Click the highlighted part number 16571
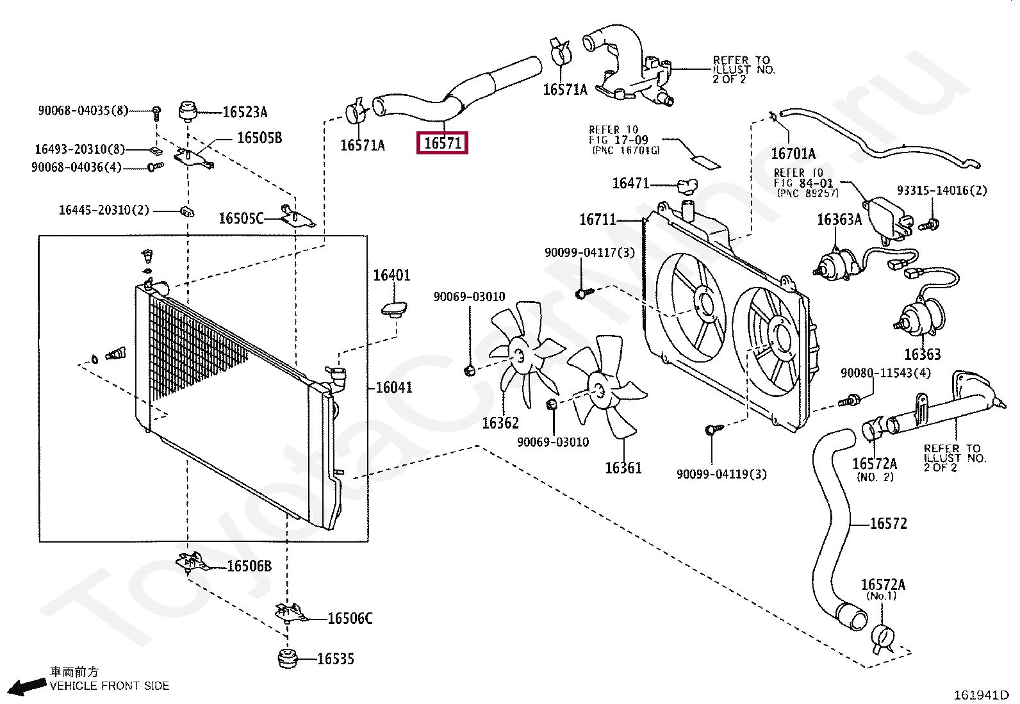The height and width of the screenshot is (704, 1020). (x=442, y=143)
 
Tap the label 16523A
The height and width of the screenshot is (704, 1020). (x=245, y=111)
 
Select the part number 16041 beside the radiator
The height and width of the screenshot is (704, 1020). (x=394, y=388)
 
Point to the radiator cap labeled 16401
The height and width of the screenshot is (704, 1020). (x=394, y=309)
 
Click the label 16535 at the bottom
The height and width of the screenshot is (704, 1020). (x=336, y=659)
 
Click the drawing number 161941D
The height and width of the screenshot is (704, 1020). (x=982, y=695)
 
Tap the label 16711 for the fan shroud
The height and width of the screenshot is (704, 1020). (x=597, y=220)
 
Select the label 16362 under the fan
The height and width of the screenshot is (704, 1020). (x=500, y=423)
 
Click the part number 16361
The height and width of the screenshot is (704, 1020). (x=623, y=468)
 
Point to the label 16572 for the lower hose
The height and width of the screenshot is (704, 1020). (x=889, y=523)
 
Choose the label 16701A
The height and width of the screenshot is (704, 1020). (x=793, y=154)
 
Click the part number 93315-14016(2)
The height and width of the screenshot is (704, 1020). (x=942, y=190)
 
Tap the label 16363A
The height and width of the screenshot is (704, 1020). (x=839, y=220)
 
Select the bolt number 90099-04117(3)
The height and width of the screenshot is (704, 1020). (x=589, y=252)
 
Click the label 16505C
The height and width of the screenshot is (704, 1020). (x=242, y=218)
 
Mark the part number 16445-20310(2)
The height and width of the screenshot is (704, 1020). (x=104, y=210)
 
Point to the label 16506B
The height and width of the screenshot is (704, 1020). (x=249, y=566)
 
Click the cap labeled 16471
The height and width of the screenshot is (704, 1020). (x=687, y=186)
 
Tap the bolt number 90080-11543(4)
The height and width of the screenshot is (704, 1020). (x=885, y=373)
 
